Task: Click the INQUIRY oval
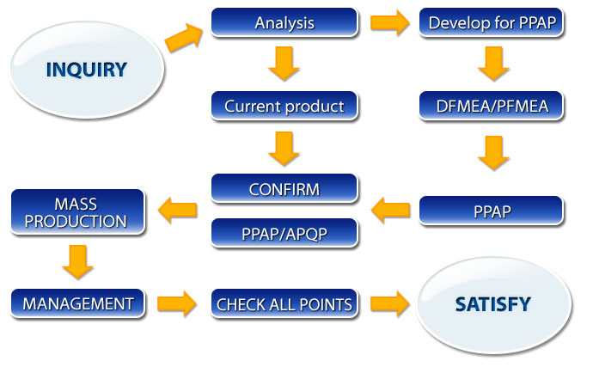(x=87, y=70)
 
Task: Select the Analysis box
(x=284, y=22)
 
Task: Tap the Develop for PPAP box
(x=492, y=22)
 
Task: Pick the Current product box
(x=284, y=106)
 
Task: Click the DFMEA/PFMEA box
(x=492, y=106)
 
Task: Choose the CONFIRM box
(x=284, y=188)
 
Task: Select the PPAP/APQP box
(x=284, y=233)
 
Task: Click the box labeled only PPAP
(x=492, y=211)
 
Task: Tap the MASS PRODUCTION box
(x=77, y=212)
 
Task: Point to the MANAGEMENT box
(x=77, y=303)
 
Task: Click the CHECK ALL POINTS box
(x=284, y=303)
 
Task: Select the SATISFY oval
(x=494, y=305)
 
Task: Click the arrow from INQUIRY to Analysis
(x=184, y=37)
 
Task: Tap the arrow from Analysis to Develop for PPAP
(x=389, y=22)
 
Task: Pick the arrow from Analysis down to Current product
(x=284, y=64)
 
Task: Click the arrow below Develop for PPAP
(x=493, y=64)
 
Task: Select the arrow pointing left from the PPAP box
(x=391, y=210)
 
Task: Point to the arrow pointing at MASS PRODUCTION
(x=177, y=210)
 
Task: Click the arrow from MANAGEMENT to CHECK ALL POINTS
(x=177, y=303)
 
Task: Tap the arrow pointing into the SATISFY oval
(x=389, y=303)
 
